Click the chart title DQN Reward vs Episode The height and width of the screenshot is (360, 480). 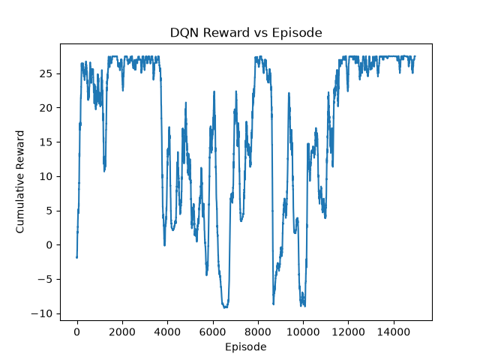246,32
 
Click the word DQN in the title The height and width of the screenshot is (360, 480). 184,32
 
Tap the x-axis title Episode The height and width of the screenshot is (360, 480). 245,346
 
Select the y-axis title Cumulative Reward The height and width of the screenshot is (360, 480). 20,181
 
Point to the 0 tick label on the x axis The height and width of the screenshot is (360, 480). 77,331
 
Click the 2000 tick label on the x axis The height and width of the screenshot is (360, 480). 122,331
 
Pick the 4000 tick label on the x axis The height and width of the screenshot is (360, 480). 167,331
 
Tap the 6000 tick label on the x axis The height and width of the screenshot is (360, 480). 213,331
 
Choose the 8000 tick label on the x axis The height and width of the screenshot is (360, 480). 258,331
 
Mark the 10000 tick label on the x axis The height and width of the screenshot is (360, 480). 303,331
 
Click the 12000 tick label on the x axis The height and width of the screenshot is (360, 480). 348,331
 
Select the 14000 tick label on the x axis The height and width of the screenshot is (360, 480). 394,331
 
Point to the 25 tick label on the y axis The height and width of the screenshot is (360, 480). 46,73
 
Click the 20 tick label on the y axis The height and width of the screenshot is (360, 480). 46,108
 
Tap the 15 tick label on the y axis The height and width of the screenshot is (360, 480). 46,142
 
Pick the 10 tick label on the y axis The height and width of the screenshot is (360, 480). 46,177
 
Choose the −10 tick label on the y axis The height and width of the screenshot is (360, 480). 42,313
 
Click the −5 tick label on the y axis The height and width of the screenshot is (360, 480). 45,280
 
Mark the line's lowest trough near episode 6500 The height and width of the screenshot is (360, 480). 225,307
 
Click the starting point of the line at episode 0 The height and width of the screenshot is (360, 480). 76,257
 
